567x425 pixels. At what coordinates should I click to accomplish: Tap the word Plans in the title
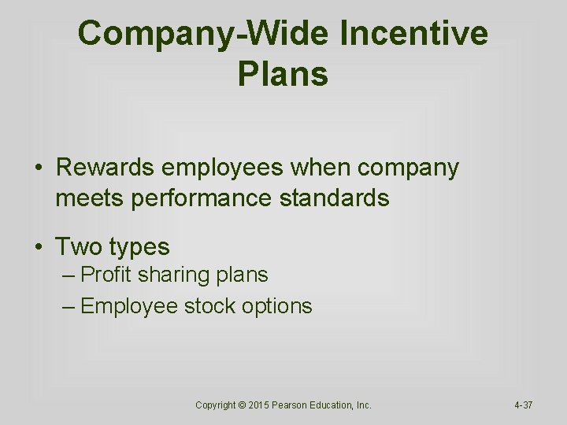[282, 74]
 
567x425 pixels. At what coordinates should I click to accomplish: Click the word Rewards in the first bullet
[105, 168]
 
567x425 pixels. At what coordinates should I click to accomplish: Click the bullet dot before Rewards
[38, 168]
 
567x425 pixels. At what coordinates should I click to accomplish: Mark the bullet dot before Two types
[38, 247]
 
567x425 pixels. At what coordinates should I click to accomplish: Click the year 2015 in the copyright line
[261, 405]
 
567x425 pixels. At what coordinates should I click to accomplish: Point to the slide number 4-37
[524, 405]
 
